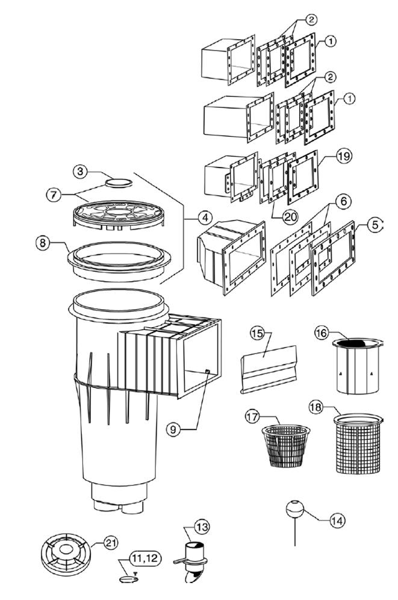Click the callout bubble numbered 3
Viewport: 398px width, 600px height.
tap(80, 171)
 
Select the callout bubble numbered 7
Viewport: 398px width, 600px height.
tap(54, 195)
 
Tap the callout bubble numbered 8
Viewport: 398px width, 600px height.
tap(43, 243)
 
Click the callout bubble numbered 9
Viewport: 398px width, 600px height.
tap(173, 430)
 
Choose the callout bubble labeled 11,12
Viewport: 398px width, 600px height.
tap(145, 558)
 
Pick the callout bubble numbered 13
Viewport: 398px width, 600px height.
tap(202, 527)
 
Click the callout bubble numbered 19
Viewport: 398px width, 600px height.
tap(344, 156)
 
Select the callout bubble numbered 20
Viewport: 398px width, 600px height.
tap(290, 217)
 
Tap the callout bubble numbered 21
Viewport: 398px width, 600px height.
tap(111, 543)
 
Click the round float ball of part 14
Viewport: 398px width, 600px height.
tap(295, 509)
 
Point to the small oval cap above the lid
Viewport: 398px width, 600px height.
tap(119, 182)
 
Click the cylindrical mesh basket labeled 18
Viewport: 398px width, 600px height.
tap(358, 443)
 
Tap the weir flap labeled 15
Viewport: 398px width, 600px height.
tap(269, 369)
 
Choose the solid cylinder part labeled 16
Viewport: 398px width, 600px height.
tap(358, 366)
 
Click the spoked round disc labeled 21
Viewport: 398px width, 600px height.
tap(66, 554)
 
